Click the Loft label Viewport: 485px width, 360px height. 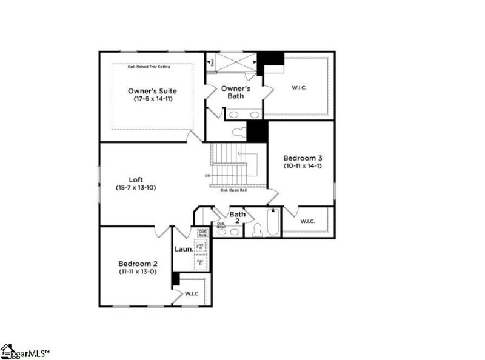[x=136, y=179]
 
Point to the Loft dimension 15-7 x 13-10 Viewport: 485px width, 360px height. [x=136, y=187]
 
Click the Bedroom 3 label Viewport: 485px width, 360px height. [x=303, y=157]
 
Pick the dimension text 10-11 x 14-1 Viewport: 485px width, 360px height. [x=303, y=165]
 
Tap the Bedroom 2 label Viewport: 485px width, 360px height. [x=138, y=264]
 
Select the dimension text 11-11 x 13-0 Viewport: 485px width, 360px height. [x=138, y=272]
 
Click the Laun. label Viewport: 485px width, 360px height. [x=184, y=249]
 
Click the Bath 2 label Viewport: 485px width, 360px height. [x=237, y=217]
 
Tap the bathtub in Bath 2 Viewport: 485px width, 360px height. [x=273, y=223]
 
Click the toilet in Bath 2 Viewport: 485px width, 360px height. [x=256, y=230]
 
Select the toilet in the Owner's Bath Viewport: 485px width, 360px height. [x=237, y=132]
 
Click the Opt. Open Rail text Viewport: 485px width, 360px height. [x=233, y=190]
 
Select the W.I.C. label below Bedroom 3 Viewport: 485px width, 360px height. [x=307, y=221]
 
